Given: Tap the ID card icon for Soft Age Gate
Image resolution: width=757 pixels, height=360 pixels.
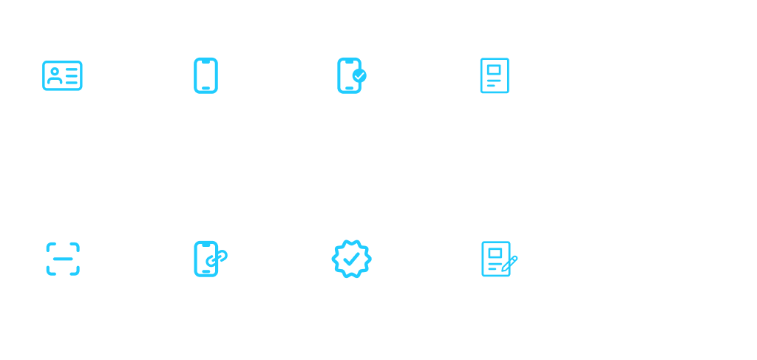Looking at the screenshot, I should [x=62, y=75].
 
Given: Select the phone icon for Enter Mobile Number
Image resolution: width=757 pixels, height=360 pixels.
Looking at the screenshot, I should [x=206, y=75].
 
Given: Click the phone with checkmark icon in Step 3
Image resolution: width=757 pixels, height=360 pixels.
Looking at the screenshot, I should [x=350, y=75].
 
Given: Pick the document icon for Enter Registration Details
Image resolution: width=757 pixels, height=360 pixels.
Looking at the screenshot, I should [x=494, y=75].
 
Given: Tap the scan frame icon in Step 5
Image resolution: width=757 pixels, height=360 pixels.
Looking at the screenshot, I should [x=63, y=259].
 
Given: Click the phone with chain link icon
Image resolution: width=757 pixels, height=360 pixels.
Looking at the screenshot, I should [x=208, y=259].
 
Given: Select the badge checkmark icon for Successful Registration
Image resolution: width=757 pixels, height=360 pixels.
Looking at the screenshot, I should [x=351, y=259].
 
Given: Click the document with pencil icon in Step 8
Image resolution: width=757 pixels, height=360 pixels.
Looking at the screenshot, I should [x=496, y=259].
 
